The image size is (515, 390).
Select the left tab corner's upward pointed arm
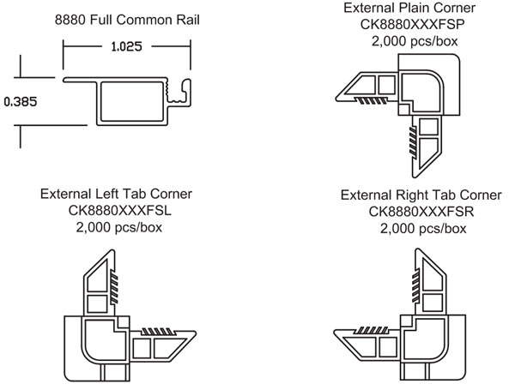pyautogui.click(x=101, y=279)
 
